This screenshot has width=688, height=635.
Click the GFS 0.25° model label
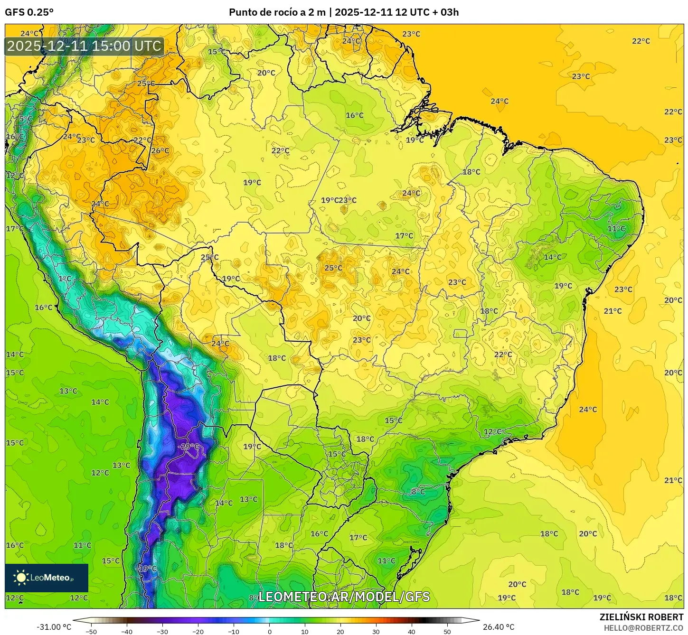point(29,12)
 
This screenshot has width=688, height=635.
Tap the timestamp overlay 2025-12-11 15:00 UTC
point(85,46)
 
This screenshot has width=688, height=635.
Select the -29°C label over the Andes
point(190,447)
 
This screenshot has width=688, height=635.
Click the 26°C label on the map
point(160,151)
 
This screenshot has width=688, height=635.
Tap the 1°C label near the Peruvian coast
point(65,279)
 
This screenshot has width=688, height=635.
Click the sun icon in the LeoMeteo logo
point(21,578)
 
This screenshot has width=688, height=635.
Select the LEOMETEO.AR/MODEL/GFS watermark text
point(344,597)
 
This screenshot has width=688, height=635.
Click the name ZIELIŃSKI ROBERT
point(641,617)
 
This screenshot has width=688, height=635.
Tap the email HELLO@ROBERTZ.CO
point(643,627)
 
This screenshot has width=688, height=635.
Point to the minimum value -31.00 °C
point(54,627)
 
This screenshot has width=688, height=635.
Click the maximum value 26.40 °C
point(499,627)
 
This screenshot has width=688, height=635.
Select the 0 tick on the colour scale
point(269,631)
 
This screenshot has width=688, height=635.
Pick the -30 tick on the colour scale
point(162,631)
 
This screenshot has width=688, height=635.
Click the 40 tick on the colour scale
point(411,631)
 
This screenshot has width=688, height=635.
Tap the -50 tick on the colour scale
point(91,631)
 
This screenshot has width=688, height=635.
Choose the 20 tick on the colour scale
point(340,631)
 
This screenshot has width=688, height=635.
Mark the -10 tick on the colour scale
point(234,631)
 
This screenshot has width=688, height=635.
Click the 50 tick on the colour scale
point(447,631)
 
